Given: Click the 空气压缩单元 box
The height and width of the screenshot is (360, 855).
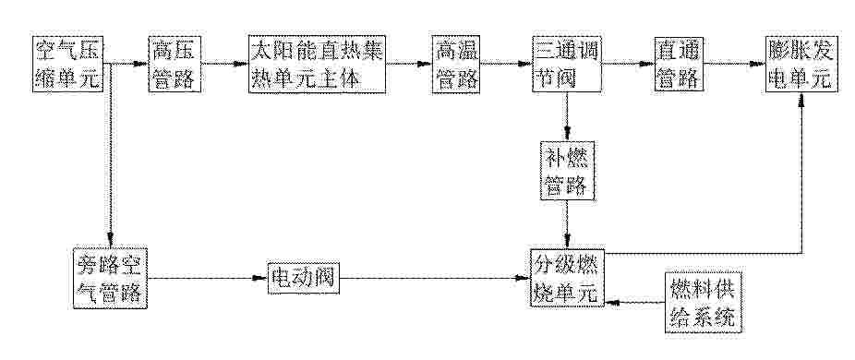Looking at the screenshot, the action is [67, 64].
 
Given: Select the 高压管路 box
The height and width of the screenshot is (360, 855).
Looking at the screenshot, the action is [175, 64].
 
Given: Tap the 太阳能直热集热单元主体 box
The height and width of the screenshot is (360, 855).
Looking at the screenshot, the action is [318, 64].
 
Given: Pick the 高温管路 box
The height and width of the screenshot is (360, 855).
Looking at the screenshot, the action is [455, 64].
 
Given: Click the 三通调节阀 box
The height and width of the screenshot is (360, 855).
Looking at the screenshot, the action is [568, 64].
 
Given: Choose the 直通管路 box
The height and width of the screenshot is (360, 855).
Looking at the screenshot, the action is [679, 64].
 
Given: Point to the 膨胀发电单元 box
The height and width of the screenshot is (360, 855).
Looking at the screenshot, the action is [801, 64].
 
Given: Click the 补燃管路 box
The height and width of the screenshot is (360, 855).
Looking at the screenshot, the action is [567, 170].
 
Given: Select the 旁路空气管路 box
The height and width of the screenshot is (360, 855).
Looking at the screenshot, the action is [111, 278].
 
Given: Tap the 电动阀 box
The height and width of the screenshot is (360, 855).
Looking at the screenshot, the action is [304, 278].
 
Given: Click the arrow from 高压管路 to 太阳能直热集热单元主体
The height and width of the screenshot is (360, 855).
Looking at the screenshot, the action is [224, 64].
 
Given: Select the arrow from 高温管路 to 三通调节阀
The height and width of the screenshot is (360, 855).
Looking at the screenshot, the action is [507, 64].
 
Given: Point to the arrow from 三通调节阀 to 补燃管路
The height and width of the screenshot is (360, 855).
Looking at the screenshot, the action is [567, 116].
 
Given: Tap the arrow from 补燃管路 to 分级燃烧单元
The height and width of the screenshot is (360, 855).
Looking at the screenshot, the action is [567, 224].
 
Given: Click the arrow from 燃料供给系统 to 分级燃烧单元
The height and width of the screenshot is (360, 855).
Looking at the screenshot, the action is [635, 302].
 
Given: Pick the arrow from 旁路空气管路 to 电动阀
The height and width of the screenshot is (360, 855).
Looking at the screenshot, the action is [208, 278].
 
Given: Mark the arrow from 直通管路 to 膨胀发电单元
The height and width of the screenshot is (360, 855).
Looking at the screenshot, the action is [734, 64].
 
